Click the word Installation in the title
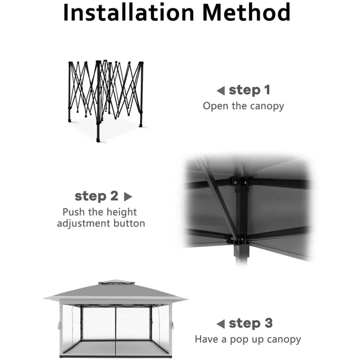click(x=129, y=12)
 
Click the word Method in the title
click(x=246, y=12)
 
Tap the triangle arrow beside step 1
click(x=221, y=91)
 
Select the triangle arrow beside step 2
click(x=128, y=197)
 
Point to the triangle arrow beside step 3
click(x=221, y=324)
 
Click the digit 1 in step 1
click(x=267, y=90)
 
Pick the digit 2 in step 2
click(x=114, y=196)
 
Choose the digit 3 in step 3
click(x=269, y=323)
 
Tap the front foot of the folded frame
click(x=98, y=139)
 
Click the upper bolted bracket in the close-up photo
click(x=240, y=183)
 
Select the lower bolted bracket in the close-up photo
click(x=238, y=241)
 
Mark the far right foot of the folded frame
click(x=141, y=125)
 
